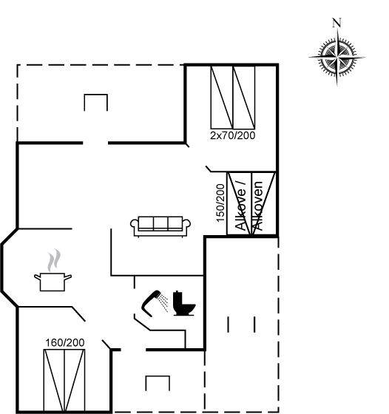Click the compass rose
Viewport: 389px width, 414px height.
coord(337,57)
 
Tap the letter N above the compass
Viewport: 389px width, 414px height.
coord(336,22)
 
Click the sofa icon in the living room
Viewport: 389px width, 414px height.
coord(160,226)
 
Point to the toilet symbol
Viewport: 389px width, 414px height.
coord(184,303)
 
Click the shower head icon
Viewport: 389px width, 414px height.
coord(152,303)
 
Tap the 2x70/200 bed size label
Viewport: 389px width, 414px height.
coord(233,135)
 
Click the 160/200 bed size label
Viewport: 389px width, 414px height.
coord(65,343)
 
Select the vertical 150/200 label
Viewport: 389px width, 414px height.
coord(220,203)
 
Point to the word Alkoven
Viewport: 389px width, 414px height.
coord(258,206)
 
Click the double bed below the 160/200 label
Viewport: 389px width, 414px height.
coord(64,380)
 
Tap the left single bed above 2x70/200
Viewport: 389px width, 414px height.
coord(222,97)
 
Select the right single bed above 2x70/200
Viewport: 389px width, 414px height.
coord(244,97)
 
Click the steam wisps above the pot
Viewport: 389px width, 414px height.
coord(54,260)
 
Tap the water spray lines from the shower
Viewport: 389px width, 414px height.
coord(163,303)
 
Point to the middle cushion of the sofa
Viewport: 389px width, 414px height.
coord(160,223)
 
